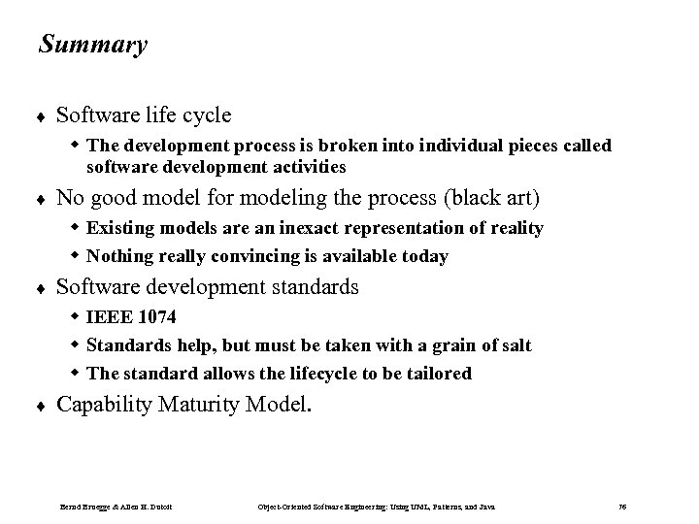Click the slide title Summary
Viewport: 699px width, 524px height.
click(93, 45)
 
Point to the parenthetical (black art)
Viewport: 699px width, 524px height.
click(493, 199)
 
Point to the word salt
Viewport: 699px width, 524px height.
click(514, 344)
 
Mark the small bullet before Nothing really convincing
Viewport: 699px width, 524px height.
click(76, 256)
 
